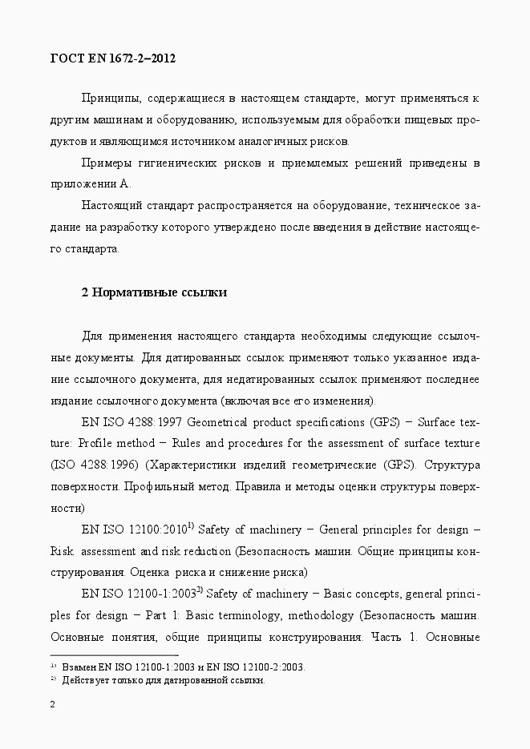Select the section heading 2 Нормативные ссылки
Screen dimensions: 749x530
coord(155,292)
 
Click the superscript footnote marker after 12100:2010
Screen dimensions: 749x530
coord(191,526)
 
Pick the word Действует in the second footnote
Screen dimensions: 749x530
coord(86,680)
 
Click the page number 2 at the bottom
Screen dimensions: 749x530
coord(53,705)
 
